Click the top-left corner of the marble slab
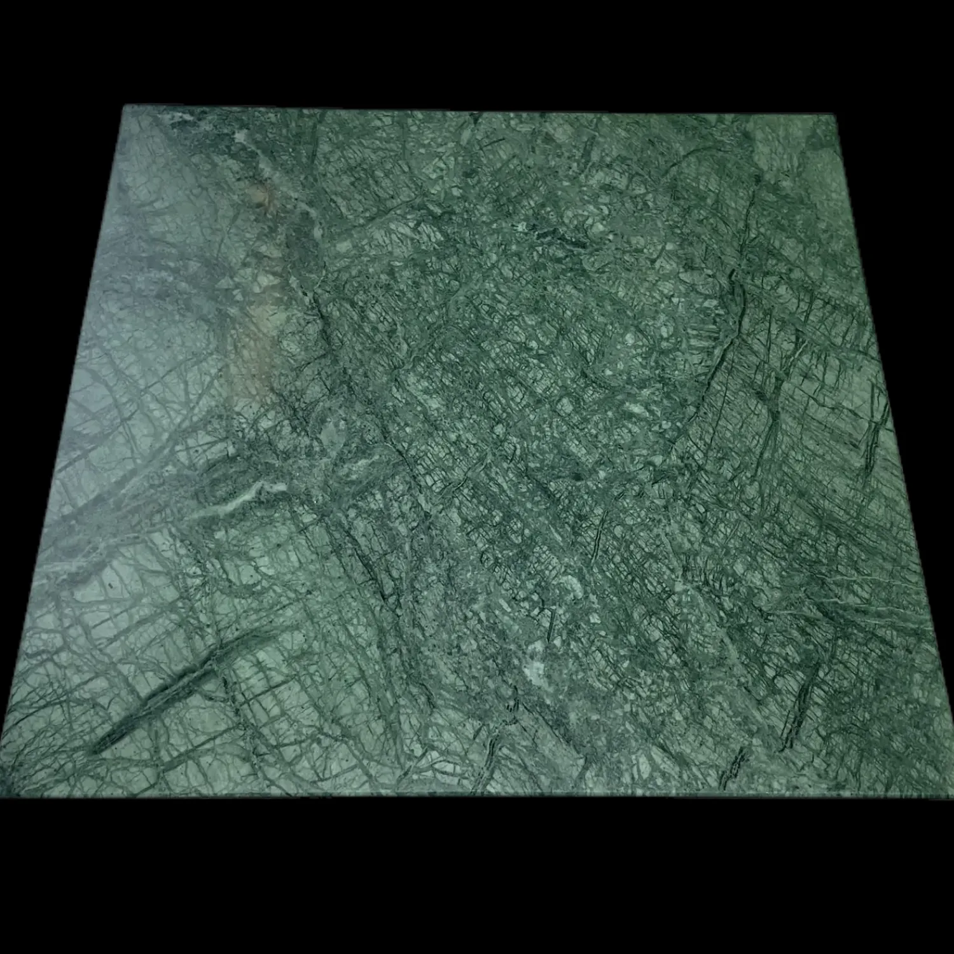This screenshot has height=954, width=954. (123, 107)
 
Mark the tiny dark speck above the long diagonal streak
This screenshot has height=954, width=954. (114, 582)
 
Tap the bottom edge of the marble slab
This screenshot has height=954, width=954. (477, 796)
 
